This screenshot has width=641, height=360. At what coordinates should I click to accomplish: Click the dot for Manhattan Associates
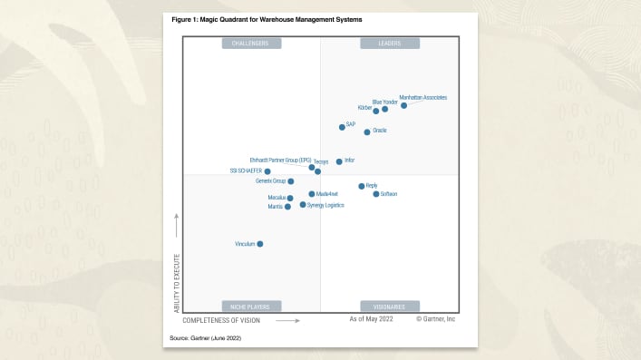403,105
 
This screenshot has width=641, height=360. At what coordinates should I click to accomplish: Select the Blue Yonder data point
385,109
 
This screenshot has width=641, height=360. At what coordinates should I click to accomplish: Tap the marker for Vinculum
260,244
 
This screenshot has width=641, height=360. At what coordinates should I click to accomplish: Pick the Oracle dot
367,132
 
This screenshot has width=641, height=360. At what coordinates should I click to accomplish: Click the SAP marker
342,127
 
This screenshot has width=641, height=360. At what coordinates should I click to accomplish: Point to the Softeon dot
376,194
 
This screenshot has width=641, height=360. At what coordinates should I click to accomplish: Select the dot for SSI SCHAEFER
267,171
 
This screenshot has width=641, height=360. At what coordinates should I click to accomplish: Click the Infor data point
339,161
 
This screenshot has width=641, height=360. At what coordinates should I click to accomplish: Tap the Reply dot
361,186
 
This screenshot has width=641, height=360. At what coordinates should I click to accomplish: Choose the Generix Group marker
291,181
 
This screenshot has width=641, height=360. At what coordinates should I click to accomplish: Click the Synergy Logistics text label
325,205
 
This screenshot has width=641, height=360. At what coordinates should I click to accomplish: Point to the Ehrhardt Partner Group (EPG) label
280,160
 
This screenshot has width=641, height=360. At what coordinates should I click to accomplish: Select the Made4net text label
326,194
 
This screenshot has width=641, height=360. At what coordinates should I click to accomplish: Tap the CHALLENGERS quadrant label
251,44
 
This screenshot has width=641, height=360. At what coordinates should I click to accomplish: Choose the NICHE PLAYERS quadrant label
251,306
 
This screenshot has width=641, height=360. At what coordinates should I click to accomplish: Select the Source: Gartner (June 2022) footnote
205,337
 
